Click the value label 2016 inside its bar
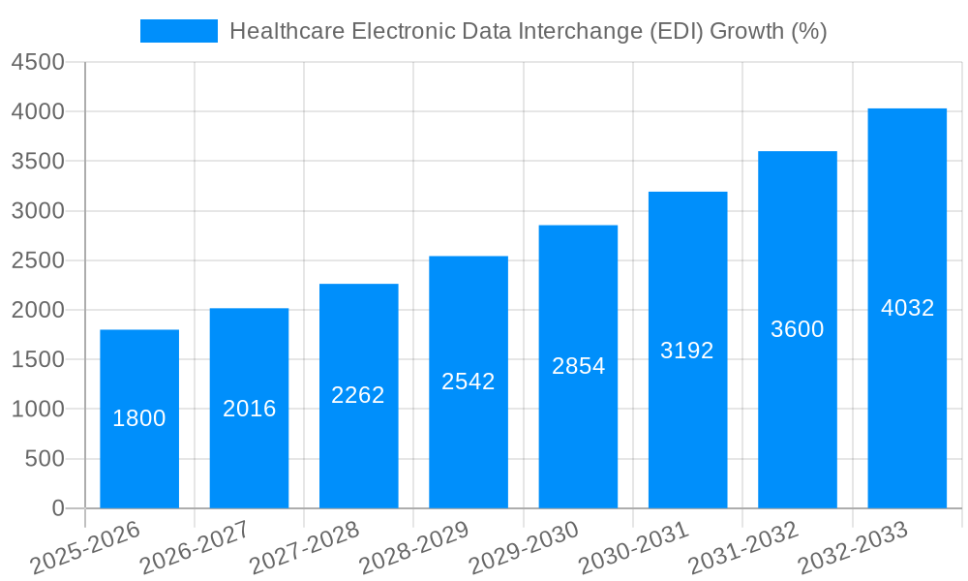pos(250,409)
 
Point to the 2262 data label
pos(358,395)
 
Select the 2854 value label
pos(578,366)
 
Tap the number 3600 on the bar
pos(797,329)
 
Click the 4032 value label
pos(907,308)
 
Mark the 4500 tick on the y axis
pos(38,62)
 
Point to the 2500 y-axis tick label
pos(38,260)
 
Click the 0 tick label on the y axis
pos(57,508)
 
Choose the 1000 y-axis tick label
pos(38,410)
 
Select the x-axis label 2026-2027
pos(195,547)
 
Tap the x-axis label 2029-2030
pos(524,547)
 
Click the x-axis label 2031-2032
pos(742,547)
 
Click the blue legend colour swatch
pos(179,31)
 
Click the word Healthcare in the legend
pos(287,31)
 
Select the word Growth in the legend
pos(746,31)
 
